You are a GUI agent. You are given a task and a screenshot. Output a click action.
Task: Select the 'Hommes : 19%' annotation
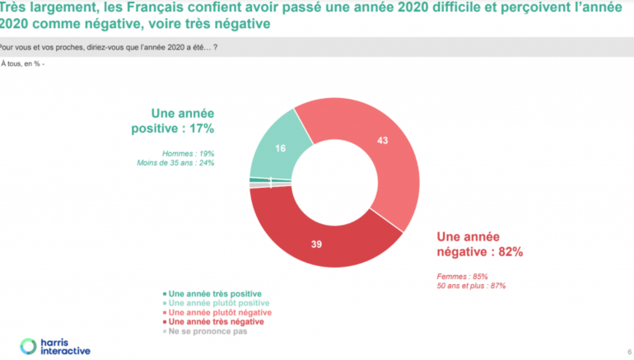(189, 153)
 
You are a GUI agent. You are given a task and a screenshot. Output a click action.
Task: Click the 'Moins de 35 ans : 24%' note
(175, 163)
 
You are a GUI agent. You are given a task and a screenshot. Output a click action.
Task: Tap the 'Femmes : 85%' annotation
(463, 276)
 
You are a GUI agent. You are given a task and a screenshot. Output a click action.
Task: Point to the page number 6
(629, 348)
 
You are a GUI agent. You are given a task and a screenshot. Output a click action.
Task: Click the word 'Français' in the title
(165, 9)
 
